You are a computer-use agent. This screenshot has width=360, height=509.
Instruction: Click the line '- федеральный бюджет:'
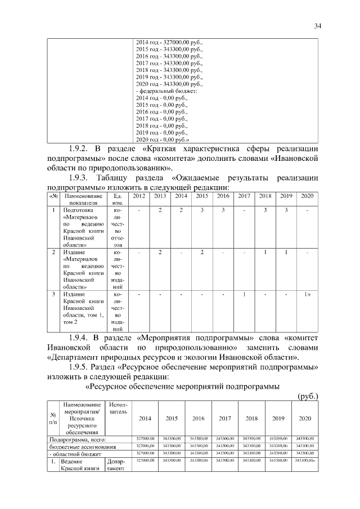point(166,91)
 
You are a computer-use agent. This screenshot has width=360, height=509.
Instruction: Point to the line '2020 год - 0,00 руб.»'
point(163,139)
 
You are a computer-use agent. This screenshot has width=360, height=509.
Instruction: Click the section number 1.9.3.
point(80,177)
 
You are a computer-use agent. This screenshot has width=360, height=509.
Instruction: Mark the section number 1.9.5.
point(80,367)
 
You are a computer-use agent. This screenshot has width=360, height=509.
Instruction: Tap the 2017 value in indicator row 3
point(244,294)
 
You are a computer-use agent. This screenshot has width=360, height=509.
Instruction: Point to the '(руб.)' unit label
point(308,396)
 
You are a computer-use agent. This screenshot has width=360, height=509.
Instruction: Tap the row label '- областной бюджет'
point(75,453)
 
